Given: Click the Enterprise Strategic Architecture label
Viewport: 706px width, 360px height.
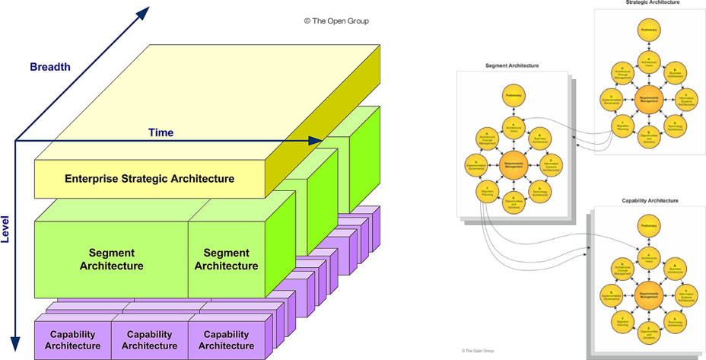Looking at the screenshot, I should coord(149,179).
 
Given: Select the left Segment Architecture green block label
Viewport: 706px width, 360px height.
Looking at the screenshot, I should coord(111,260).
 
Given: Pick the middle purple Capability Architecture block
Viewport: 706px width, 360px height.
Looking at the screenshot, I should coord(149,340).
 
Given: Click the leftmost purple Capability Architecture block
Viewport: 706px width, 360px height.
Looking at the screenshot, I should coord(72,340).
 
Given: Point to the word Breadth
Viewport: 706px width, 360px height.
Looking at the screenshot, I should coord(50,67).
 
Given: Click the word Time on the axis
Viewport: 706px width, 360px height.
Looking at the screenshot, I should coord(161,132).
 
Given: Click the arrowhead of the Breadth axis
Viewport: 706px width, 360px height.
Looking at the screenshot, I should coord(142,11).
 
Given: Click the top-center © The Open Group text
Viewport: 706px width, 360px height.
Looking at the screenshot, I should coord(336,21).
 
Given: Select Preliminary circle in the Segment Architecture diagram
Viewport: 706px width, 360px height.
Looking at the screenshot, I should coord(513,95).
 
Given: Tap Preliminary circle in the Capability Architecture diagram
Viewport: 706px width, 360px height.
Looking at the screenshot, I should coord(648,227).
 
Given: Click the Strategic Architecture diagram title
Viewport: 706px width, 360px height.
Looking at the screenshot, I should coord(647,3).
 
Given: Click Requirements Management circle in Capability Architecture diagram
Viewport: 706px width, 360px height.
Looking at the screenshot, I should coord(648,295).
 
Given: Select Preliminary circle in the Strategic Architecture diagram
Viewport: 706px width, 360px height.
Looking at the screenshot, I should coord(648,30).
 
